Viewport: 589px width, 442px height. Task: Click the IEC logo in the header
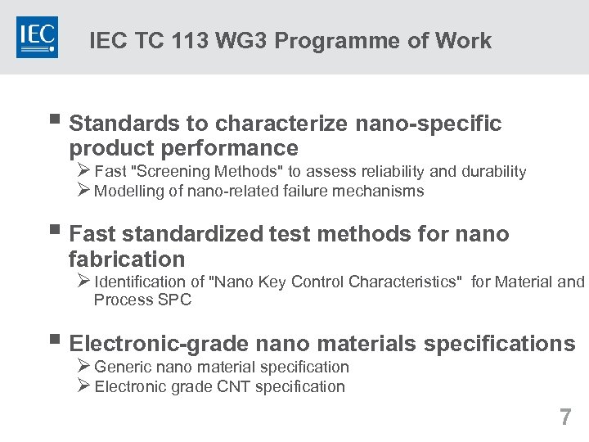[x=37, y=37]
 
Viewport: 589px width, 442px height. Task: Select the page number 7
[x=565, y=417]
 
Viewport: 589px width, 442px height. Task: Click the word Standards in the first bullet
[x=124, y=124]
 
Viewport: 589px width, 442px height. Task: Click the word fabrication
[x=127, y=259]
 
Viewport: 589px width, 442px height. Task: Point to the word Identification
[x=138, y=282]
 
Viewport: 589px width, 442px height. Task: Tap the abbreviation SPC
[x=175, y=300]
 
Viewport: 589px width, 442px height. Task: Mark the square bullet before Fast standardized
[x=54, y=233]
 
